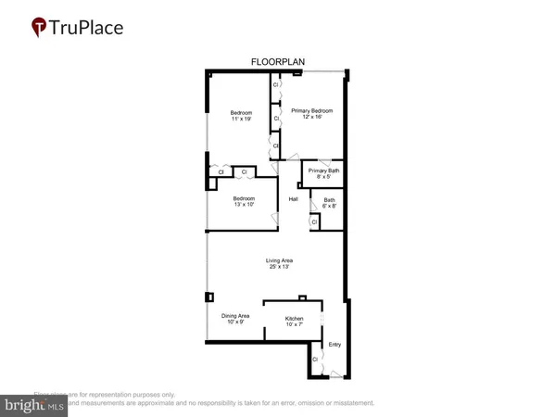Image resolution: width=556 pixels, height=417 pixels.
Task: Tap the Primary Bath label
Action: point(324,171)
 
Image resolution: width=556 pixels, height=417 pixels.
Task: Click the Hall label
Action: point(293,199)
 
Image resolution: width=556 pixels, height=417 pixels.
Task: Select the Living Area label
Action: point(277,260)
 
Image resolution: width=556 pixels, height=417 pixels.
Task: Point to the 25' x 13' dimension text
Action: point(277,267)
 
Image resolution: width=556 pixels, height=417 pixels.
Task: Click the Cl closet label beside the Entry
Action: point(315,359)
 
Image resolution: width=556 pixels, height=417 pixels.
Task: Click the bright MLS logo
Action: point(35,404)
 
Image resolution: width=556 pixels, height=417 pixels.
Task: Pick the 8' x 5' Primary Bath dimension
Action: point(324,177)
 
